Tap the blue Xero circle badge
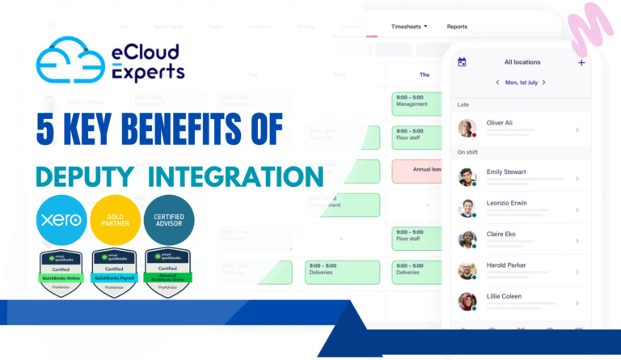click(61, 219)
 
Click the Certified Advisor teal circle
click(168, 219)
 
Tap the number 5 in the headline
click(46, 130)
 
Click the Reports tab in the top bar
click(457, 27)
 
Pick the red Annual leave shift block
click(420, 170)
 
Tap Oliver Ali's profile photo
click(467, 128)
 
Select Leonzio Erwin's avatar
click(467, 208)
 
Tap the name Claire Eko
click(504, 235)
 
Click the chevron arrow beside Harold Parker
click(577, 271)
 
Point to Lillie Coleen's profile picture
click(467, 302)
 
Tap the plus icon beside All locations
click(581, 62)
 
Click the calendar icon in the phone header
click(462, 62)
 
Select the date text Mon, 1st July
click(522, 83)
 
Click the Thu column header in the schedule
click(425, 74)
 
